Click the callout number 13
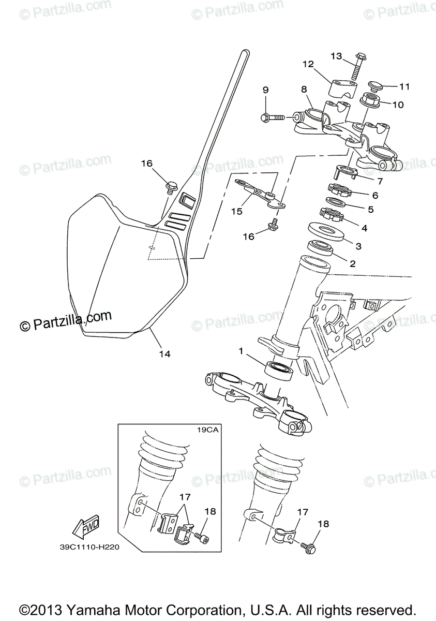(336, 56)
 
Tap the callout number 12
(308, 64)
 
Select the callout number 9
(265, 90)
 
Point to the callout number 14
(164, 354)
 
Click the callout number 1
(240, 351)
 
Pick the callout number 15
(237, 211)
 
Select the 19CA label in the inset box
(207, 430)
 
